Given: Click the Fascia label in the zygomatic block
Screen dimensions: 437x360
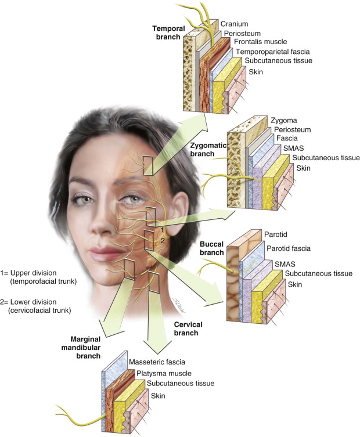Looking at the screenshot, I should point(283,139).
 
